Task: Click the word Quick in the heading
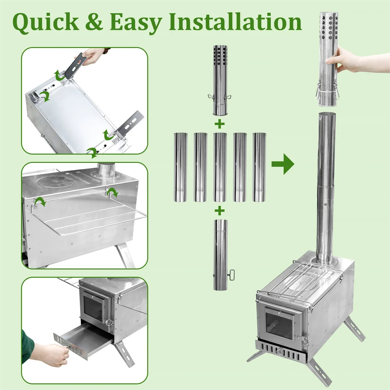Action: (x=45, y=23)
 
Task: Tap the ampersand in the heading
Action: (x=94, y=22)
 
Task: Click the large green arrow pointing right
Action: (x=283, y=164)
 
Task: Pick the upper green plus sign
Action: (x=220, y=124)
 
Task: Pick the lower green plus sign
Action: (x=220, y=211)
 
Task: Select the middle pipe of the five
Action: (x=220, y=167)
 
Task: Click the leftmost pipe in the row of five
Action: (x=180, y=167)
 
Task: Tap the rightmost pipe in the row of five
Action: (x=259, y=167)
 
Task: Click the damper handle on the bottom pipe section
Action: (x=231, y=275)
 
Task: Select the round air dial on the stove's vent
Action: (x=280, y=351)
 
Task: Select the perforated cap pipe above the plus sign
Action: (x=220, y=80)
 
